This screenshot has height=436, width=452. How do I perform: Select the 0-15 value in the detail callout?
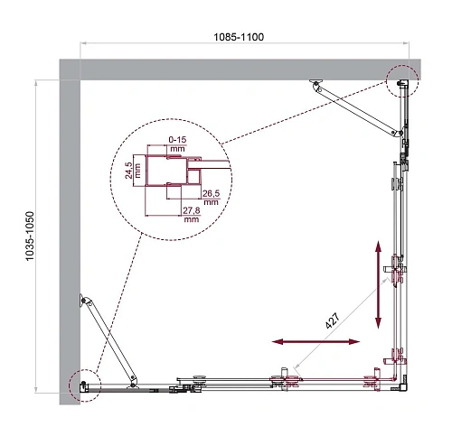pyautogui.click(x=178, y=139)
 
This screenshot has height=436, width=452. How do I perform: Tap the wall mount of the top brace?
pyautogui.click(x=315, y=85)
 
